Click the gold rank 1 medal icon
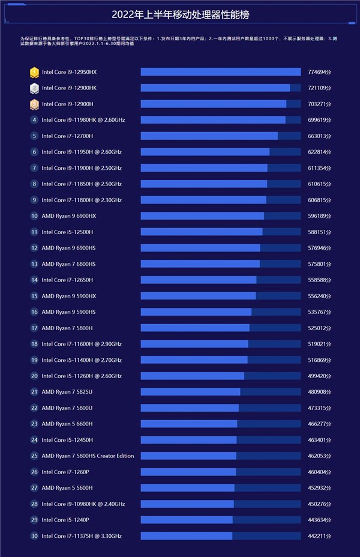coord(34,72)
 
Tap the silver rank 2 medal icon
coord(34,88)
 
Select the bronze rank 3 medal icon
coord(34,104)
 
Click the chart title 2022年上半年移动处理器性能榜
coord(179,15)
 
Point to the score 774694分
coord(319,72)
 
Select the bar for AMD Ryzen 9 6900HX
coord(202,216)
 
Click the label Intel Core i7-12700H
coord(67,136)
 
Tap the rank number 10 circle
coord(34,216)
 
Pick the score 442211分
coord(319,536)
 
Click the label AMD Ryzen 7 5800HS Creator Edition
coord(88,456)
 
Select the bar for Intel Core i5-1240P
coord(187,520)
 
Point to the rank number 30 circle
coord(34,536)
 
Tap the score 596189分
coord(319,216)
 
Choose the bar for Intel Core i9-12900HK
coord(215,88)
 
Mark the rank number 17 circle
coord(34,328)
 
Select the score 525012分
coord(319,328)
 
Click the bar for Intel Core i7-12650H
coord(199,280)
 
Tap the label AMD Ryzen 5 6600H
coord(67,424)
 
